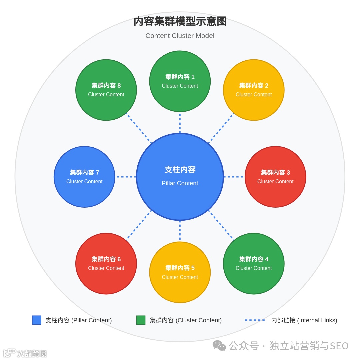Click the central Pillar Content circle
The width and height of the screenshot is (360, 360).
coord(180,177)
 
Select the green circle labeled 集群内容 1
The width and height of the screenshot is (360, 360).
coord(180,81)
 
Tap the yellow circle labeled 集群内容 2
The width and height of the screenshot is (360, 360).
coord(254,90)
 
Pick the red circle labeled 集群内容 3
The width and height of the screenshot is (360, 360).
coord(275,177)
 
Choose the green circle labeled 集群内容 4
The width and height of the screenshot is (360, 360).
coord(254,264)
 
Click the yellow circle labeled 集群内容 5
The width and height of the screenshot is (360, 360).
coord(180,272)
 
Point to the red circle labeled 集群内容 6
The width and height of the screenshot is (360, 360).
coord(106,264)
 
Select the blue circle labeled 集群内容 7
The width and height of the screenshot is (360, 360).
coord(84,177)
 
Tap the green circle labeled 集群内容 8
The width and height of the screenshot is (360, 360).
coord(106,90)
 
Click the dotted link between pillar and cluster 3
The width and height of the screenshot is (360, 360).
coord(234,177)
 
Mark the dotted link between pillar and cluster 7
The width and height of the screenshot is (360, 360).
coord(126,177)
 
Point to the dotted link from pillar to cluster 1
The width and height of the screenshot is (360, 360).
coord(180,123)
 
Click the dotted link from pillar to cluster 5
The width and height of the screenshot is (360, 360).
coord(180,231)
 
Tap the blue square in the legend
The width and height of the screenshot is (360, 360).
coord(37,320)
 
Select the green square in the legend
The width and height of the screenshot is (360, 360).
coord(141,320)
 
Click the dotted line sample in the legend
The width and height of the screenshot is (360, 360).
coord(255,320)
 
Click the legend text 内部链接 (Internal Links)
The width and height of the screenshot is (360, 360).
coord(304,320)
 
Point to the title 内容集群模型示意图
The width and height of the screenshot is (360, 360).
coord(180,22)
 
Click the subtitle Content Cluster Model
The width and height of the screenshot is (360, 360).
coord(180,36)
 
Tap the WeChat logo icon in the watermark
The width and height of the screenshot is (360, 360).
coord(219,346)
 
